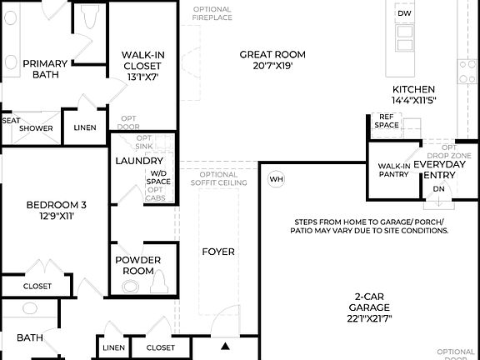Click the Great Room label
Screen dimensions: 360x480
(x=266, y=54)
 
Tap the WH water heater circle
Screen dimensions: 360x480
(x=277, y=179)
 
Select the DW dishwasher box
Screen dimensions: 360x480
(x=404, y=14)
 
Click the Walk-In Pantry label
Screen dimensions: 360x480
(x=394, y=170)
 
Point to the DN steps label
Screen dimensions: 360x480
(x=439, y=189)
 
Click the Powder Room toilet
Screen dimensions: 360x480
(x=132, y=286)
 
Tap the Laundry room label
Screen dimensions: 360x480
(x=138, y=160)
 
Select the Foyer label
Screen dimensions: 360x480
(x=218, y=251)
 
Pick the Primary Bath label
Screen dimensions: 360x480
(x=45, y=68)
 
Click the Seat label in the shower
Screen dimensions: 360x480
(x=11, y=120)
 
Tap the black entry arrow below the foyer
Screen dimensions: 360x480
(x=225, y=346)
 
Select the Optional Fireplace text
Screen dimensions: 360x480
(x=212, y=14)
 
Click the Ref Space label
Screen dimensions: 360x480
(x=387, y=121)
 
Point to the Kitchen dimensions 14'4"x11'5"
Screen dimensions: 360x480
(x=414, y=100)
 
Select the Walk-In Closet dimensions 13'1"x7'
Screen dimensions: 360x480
(x=142, y=76)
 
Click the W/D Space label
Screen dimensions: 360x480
(x=158, y=177)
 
